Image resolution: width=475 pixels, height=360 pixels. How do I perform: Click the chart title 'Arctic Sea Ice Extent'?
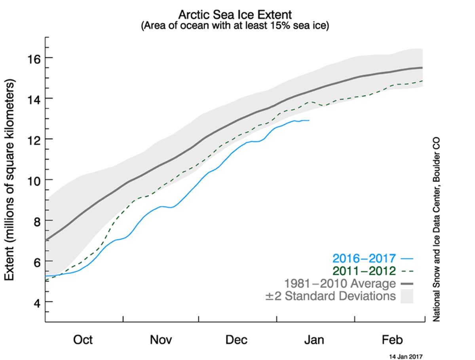pos(235,15)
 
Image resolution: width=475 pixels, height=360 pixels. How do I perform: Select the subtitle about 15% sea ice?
pos(235,27)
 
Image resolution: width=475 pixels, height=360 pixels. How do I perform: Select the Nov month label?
pos(161,340)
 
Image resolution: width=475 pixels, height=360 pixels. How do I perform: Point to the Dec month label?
pos(237,340)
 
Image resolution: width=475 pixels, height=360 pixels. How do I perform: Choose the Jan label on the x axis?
pos(314,340)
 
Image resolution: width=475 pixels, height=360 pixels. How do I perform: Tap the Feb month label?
pos(392,340)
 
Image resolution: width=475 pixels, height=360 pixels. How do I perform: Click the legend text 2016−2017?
pos(364,259)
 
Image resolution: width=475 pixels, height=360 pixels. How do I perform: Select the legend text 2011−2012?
pos(364,271)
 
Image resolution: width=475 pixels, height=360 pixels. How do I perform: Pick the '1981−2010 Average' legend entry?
pos(340,284)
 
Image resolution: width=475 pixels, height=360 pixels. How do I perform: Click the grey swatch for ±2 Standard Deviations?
pos(407,296)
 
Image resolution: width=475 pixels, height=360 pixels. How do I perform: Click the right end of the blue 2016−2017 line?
pos(309,120)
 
